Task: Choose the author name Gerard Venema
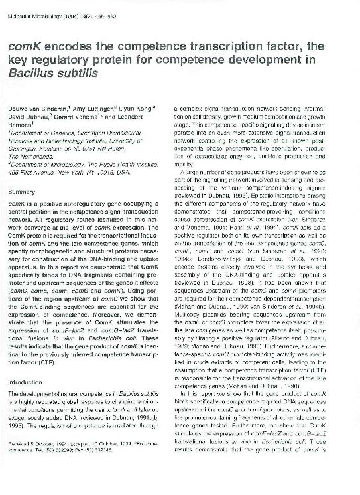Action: [84, 117]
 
